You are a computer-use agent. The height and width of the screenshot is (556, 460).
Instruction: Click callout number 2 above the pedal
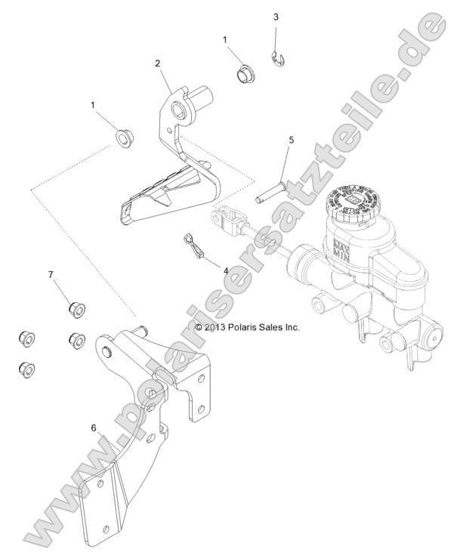(x=157, y=64)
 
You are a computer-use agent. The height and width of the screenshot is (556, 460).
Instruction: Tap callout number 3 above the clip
(x=276, y=16)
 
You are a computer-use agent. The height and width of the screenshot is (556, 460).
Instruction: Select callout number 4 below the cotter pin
(x=224, y=270)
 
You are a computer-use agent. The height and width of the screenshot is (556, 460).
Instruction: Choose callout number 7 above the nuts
(x=51, y=275)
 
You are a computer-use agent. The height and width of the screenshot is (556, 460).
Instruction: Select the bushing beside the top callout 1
(x=244, y=74)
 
